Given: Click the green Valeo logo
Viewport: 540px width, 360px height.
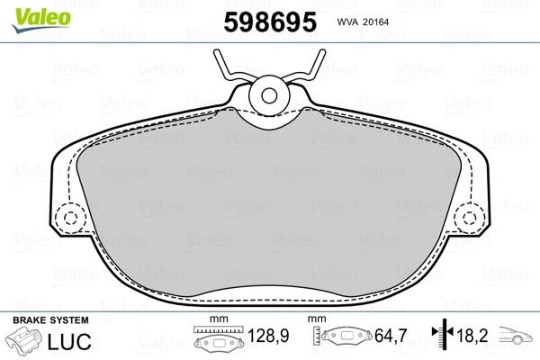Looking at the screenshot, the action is coord(41,20).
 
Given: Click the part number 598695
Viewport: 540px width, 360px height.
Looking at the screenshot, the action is coord(270,22).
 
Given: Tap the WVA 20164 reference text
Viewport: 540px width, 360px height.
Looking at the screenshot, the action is coord(363,22).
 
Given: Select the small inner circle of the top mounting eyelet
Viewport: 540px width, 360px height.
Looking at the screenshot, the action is coord(269,95).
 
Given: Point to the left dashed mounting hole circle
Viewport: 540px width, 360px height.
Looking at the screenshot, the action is coord(70,218).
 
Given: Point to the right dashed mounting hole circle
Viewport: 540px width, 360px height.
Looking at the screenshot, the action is coord(469,218).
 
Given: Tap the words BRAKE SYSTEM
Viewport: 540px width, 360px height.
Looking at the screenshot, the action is coord(50,320).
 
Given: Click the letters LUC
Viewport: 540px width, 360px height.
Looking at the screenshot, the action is coord(69,341).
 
